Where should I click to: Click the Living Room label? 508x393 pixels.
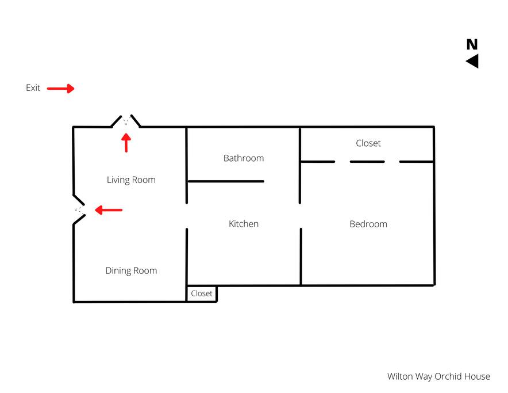[131, 180]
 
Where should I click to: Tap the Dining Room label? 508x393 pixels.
[131, 270]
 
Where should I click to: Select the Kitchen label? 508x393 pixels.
[244, 224]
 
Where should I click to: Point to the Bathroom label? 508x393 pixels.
[244, 158]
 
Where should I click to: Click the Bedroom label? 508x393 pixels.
[368, 224]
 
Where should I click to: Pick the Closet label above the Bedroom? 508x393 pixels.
[368, 143]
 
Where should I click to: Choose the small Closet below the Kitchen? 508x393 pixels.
[202, 293]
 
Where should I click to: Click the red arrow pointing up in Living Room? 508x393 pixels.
[126, 143]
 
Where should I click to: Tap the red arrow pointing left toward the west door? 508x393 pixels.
[109, 210]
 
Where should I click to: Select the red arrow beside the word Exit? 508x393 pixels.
[60, 88]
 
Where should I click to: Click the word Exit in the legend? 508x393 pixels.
[33, 88]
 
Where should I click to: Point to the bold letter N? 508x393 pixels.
[472, 44]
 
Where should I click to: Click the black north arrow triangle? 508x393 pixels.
[474, 61]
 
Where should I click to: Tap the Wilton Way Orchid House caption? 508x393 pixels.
[438, 376]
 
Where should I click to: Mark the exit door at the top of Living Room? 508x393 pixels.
[126, 121]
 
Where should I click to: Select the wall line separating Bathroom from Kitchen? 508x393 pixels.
[226, 181]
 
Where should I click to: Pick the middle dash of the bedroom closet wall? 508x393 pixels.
[367, 162]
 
